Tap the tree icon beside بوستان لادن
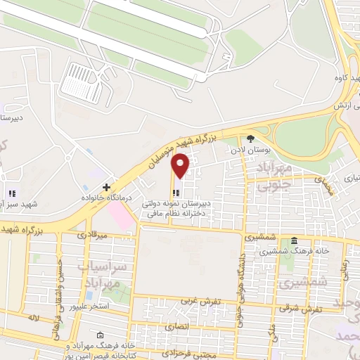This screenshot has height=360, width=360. pos(251,139)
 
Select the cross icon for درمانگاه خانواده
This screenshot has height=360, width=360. pos(106,187)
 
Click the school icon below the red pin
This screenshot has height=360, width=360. pos(175,192)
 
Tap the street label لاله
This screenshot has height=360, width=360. pos(32,319)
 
